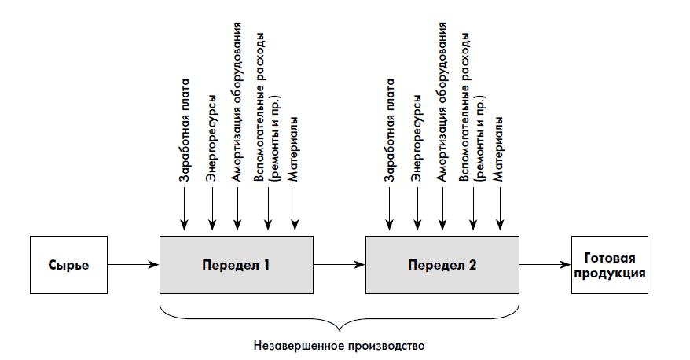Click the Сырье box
[x=67, y=265]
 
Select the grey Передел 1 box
[x=236, y=265]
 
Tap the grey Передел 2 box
[x=442, y=265]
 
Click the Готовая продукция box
[x=609, y=265]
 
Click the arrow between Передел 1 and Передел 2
[x=339, y=265]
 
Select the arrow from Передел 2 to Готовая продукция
[x=545, y=265]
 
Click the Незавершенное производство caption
[x=339, y=344]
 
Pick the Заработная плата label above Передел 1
[x=185, y=130]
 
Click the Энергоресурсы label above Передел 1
[x=211, y=139]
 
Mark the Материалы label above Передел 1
[x=293, y=149]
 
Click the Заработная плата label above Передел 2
[x=391, y=130]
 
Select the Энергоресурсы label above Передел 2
[x=417, y=139]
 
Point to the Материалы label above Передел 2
[x=498, y=149]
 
